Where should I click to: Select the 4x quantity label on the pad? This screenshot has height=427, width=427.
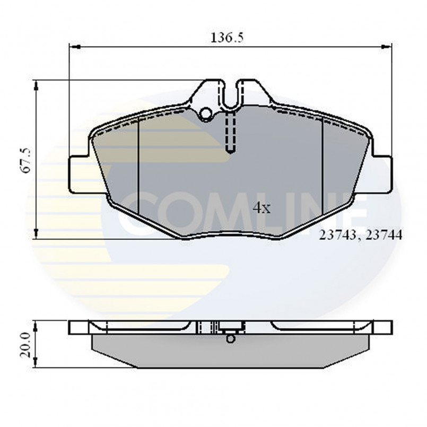point(262,207)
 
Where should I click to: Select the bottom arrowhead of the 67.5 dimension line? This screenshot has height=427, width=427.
point(36,233)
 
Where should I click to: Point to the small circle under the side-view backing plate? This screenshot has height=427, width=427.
point(230,338)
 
